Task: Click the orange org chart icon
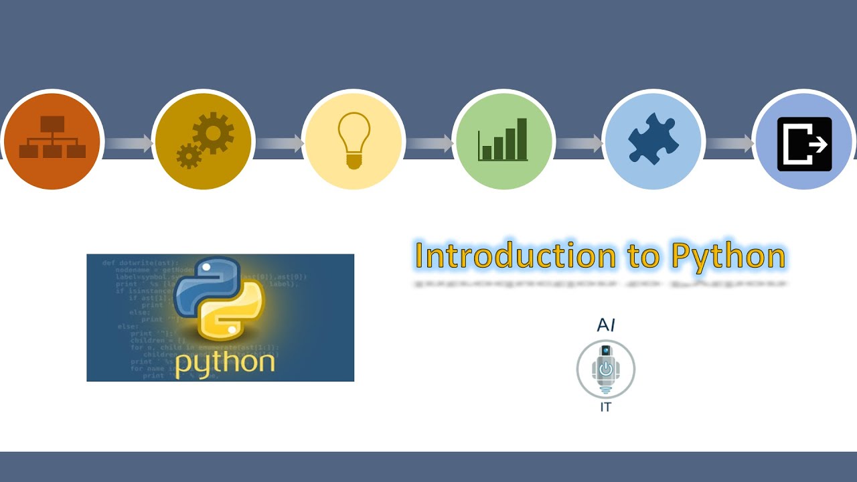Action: coord(52,138)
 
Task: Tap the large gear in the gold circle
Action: coord(214,133)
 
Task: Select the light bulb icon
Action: coord(354,139)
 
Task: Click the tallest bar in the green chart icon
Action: coord(522,139)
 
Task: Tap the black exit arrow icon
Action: coord(804,144)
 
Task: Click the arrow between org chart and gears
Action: coord(129,143)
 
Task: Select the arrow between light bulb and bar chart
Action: coord(429,143)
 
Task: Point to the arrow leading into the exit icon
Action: coord(730,143)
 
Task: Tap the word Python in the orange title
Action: coord(728,257)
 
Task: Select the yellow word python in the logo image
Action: coord(225,362)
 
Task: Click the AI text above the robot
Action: coord(606,325)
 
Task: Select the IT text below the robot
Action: coord(605,407)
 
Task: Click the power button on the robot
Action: coord(606,368)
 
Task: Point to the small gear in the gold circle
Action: coord(189,155)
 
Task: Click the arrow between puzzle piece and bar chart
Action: coord(580,143)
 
